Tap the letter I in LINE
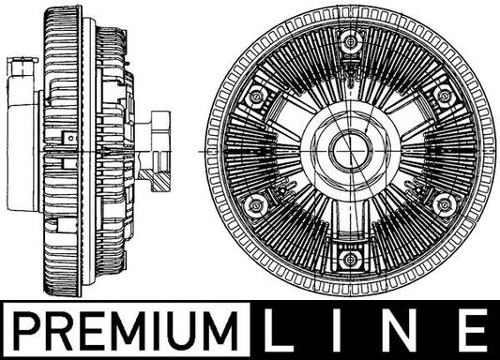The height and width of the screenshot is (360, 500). coord(342,330)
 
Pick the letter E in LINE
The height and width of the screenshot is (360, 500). coord(472,330)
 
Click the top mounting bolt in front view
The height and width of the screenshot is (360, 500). coord(351,42)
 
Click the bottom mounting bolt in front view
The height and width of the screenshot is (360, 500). coord(351,259)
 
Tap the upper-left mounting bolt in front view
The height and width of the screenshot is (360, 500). coord(256,97)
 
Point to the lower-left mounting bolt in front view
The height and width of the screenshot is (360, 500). coord(256,205)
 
